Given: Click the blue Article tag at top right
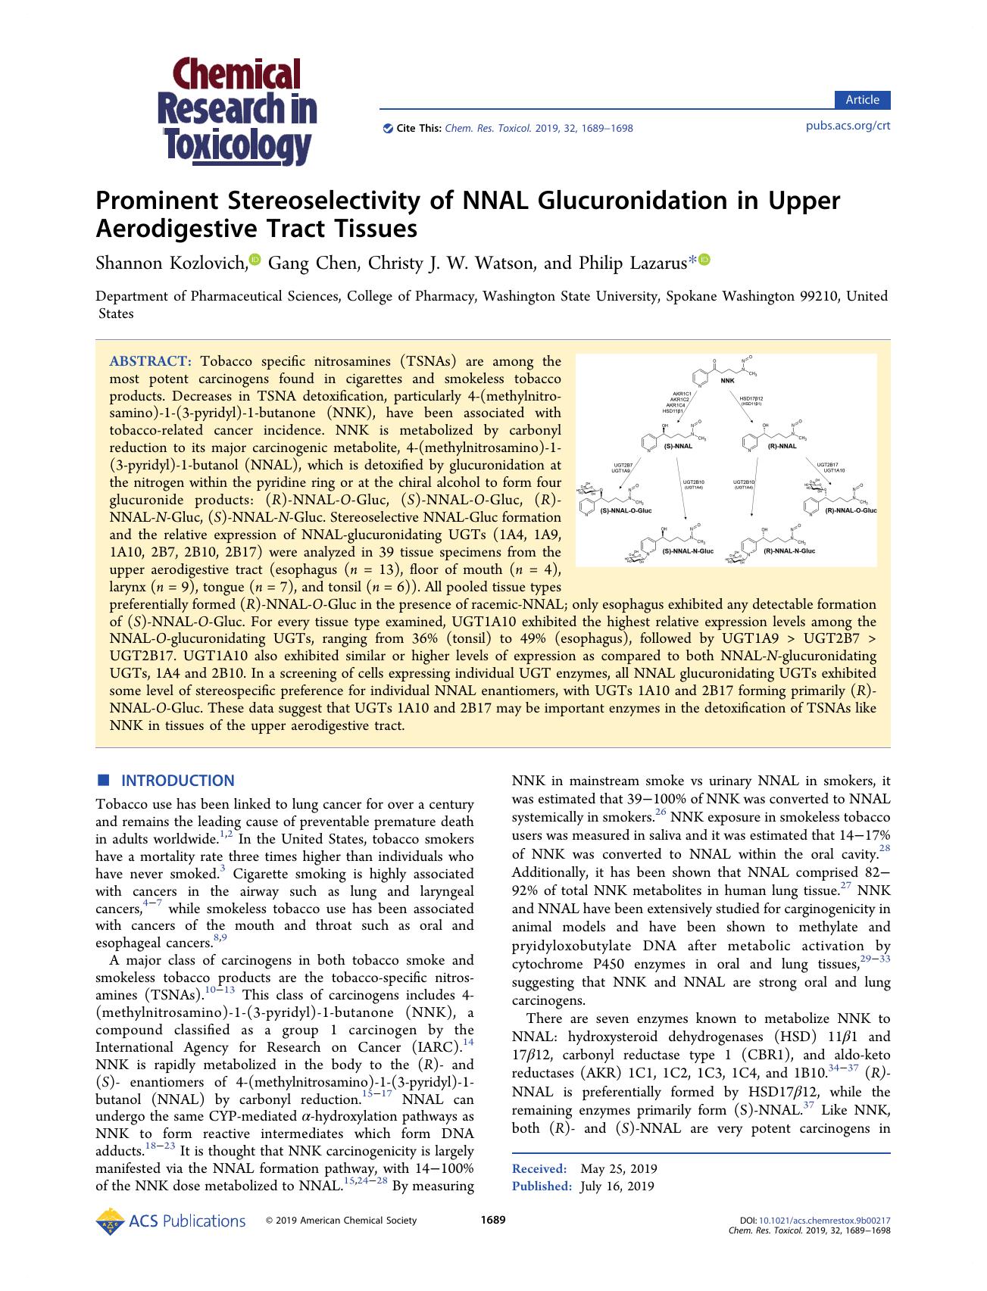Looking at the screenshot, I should point(862,100).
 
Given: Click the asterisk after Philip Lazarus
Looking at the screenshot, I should point(692,262).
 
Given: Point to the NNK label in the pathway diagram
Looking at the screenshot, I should point(727,381).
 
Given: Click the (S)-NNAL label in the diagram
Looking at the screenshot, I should point(678,447).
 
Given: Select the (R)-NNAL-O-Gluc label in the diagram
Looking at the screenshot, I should point(850,511).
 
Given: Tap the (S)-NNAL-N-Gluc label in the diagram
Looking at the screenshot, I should point(688,551).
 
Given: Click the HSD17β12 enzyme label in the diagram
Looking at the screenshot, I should point(751,398).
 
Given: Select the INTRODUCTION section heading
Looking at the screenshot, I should point(177,781).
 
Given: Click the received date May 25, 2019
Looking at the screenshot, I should point(618,1169).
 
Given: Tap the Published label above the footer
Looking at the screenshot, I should point(541,1187).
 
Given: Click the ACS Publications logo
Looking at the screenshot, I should point(171,1221).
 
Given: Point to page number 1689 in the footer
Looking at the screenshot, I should point(493,1220).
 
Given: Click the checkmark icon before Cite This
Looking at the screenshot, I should point(389,128).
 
